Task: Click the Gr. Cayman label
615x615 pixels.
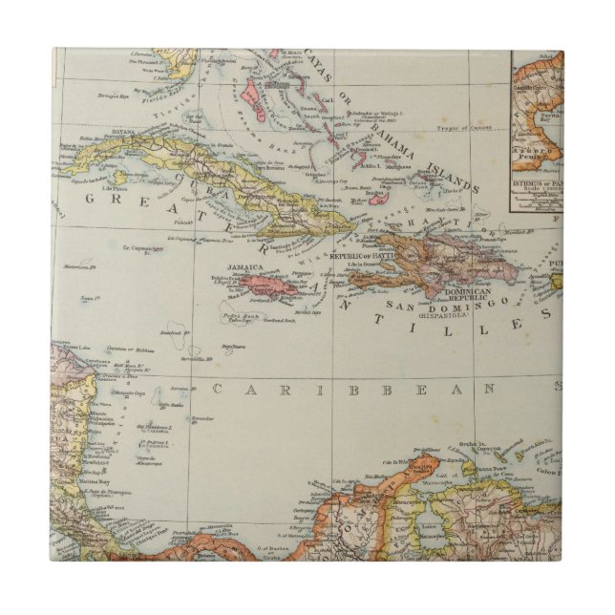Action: [139, 250]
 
